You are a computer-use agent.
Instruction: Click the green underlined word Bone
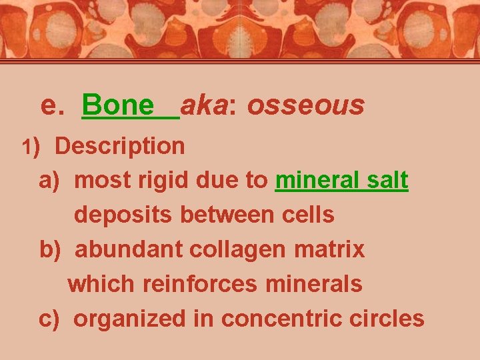(x=117, y=105)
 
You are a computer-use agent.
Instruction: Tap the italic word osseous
(x=306, y=105)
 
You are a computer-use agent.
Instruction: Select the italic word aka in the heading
(x=203, y=105)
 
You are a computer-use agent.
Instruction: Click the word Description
(x=120, y=146)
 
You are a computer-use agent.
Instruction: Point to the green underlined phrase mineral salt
(x=341, y=180)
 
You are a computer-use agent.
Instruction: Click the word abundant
(x=129, y=249)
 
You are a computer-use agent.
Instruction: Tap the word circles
(x=389, y=319)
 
